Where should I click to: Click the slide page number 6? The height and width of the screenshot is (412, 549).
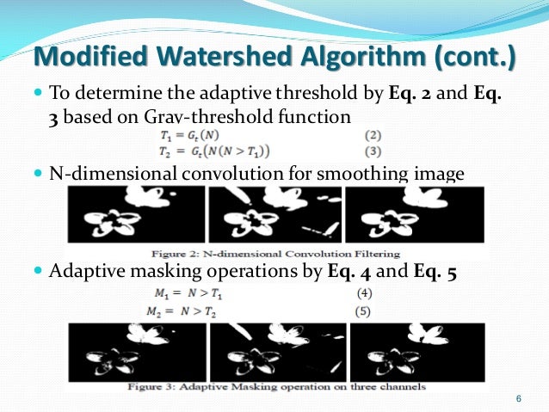(518, 398)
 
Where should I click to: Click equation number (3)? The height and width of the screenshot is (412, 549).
(373, 152)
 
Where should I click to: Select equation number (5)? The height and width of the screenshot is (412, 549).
(364, 311)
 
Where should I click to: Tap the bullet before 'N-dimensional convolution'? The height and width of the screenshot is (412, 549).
(39, 175)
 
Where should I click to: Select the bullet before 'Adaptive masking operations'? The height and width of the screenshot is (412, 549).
(39, 273)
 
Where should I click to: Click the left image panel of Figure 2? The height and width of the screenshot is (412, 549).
(138, 215)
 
